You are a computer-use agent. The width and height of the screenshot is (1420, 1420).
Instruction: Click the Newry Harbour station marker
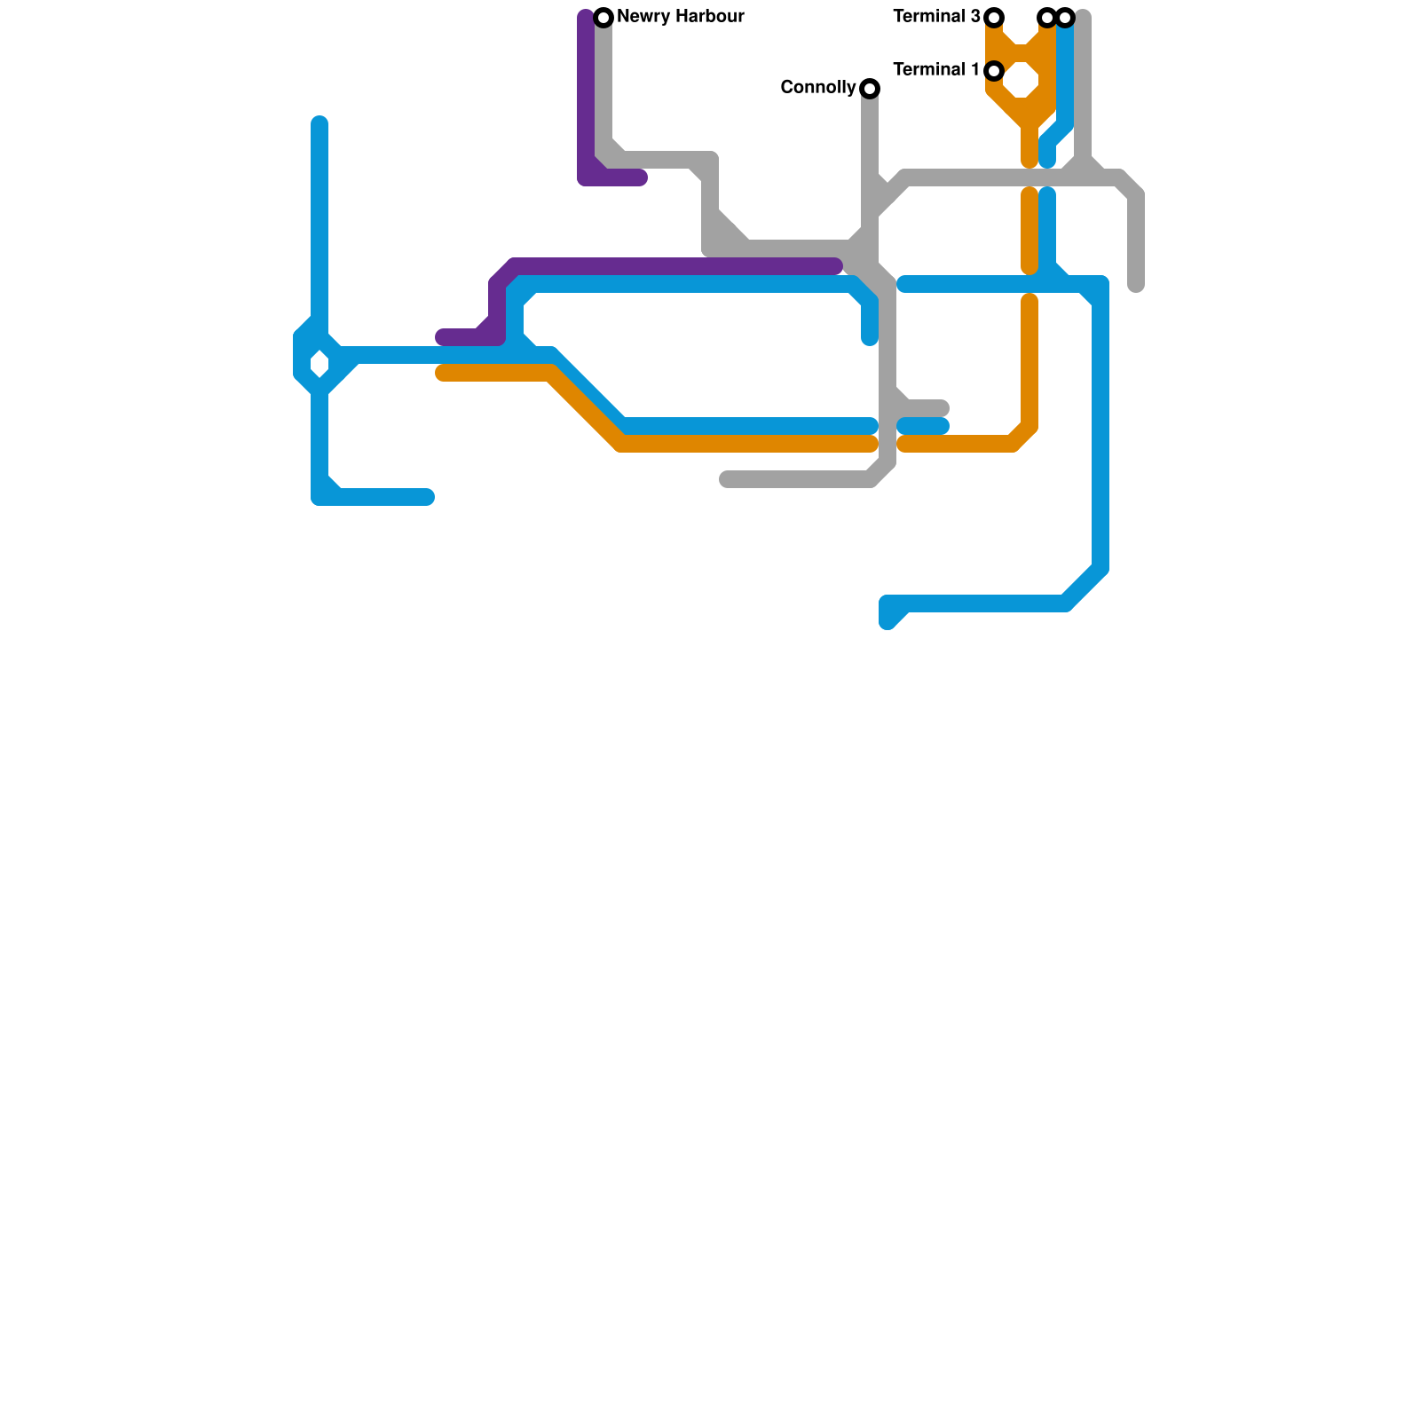[603, 18]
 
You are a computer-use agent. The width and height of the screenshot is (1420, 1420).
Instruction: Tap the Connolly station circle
[870, 89]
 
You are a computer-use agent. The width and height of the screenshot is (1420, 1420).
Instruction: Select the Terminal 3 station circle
[994, 18]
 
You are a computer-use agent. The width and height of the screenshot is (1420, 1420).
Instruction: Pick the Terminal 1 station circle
[994, 71]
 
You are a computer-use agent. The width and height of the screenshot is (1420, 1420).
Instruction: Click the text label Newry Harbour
[680, 17]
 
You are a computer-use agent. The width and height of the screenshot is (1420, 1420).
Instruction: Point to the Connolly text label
[817, 88]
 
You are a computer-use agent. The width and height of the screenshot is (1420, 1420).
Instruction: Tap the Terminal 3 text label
[936, 17]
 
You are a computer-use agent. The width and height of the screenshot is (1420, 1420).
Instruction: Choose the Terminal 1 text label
[936, 70]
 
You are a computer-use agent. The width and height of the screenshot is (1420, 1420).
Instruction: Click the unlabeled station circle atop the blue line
[1065, 18]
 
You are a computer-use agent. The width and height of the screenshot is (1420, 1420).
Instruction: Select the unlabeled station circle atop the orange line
[1047, 18]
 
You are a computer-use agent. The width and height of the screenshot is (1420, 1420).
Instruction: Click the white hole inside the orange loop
[1022, 80]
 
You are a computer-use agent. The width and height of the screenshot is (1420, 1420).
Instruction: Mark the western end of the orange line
[442, 373]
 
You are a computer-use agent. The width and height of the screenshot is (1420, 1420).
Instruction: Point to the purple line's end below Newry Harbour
[641, 177]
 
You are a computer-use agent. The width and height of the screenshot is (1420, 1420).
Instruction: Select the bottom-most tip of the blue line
[888, 622]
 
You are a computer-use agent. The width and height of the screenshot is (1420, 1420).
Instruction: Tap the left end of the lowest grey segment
[726, 479]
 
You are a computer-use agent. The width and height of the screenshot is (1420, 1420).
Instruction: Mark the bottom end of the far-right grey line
[1136, 285]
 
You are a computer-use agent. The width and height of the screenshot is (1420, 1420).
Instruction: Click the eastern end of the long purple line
[835, 266]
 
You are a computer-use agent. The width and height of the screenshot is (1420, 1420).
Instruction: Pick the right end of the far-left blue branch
[428, 497]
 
